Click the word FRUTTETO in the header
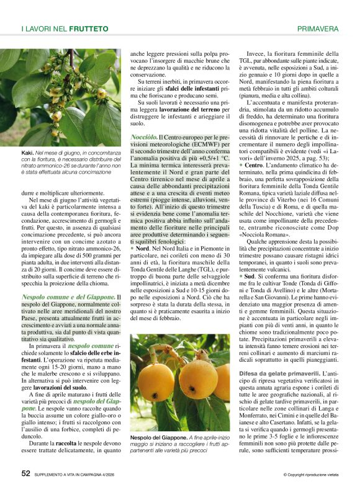[x=89, y=29]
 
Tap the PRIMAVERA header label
[x=318, y=29]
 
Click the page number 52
[x=26, y=474]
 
